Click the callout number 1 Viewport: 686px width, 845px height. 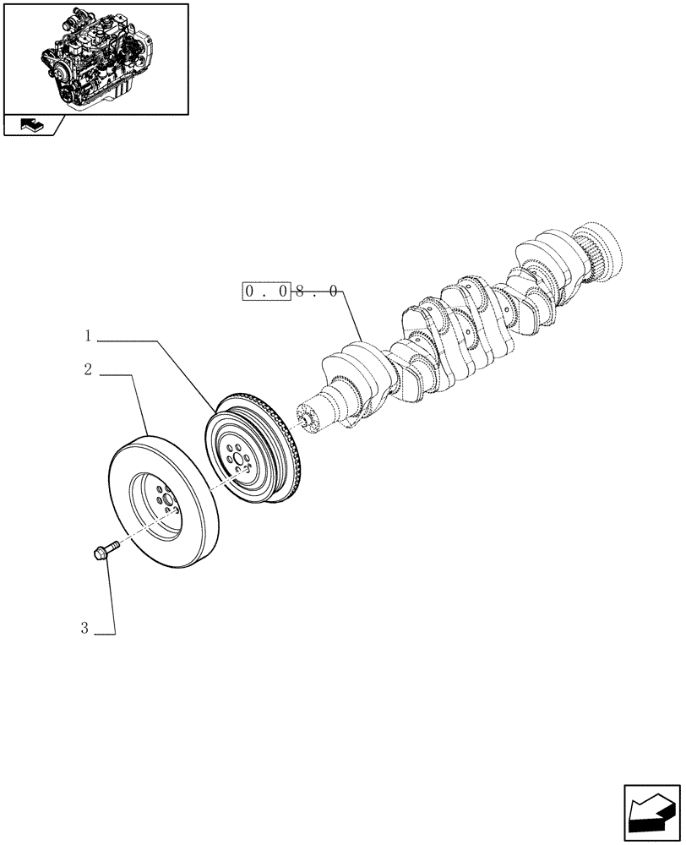(x=88, y=336)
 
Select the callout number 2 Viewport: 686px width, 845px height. (x=88, y=370)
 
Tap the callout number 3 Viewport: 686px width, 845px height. (x=84, y=628)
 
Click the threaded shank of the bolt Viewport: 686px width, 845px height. (x=113, y=547)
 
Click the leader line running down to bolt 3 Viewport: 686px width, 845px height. (x=112, y=600)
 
